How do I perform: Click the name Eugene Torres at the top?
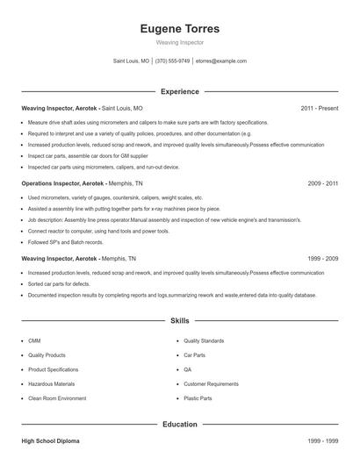pos(180,28)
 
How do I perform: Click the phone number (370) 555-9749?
pos(173,61)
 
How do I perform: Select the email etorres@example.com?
pos(221,61)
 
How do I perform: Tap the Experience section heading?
pos(180,91)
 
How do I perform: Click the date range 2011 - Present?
pos(319,108)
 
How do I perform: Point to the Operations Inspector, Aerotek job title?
pos(63,184)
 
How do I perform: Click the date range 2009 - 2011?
pos(322,184)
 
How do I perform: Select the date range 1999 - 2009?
pos(322,260)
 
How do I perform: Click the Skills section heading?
pos(180,321)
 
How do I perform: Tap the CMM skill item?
pos(34,340)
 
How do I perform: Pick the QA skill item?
pos(187,369)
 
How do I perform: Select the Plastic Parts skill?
pos(198,398)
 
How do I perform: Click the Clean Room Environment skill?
pos(57,398)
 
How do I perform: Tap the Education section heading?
pos(180,424)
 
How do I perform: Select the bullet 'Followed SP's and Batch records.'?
pos(66,242)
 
